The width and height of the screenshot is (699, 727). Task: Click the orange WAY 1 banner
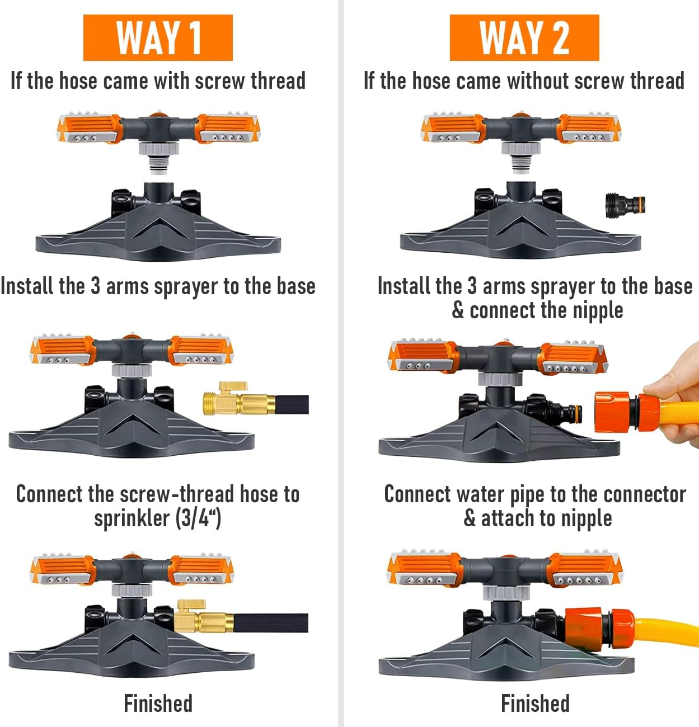pyautogui.click(x=158, y=37)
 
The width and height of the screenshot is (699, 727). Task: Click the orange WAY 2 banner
pyautogui.click(x=524, y=37)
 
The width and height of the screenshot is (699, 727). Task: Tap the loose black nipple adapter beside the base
pyautogui.click(x=625, y=205)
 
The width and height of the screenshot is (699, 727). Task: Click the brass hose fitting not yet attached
pyautogui.click(x=239, y=399)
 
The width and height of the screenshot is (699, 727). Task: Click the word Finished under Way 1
pyautogui.click(x=158, y=704)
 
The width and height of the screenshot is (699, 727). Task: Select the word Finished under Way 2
pyautogui.click(x=535, y=704)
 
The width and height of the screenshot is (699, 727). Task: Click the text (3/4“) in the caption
pyautogui.click(x=198, y=518)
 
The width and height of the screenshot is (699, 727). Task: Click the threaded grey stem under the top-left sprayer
pyautogui.click(x=158, y=165)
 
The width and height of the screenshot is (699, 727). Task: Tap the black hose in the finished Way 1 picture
pyautogui.click(x=271, y=623)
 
